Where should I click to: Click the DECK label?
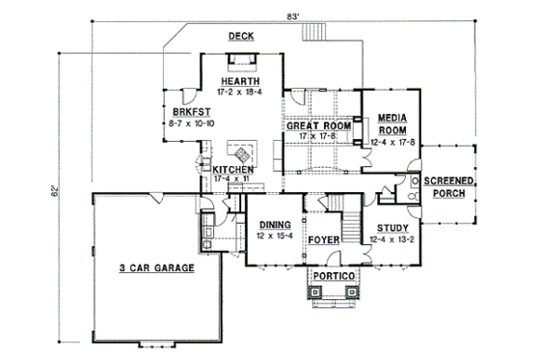pyautogui.click(x=241, y=36)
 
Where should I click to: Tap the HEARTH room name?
pyautogui.click(x=237, y=81)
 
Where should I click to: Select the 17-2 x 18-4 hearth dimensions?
pyautogui.click(x=237, y=92)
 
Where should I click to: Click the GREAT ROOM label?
pyautogui.click(x=317, y=126)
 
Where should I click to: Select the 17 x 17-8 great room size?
pyautogui.click(x=318, y=137)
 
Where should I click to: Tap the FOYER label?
pyautogui.click(x=322, y=237)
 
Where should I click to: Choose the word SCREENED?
pyautogui.click(x=449, y=181)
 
